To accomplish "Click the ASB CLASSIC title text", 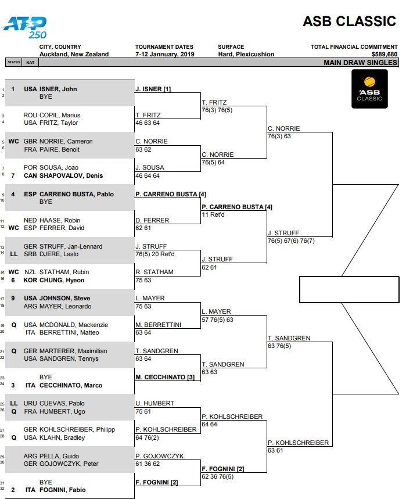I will (349, 21).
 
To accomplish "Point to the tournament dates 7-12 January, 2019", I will (164, 54).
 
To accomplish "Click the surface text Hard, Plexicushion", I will (246, 54).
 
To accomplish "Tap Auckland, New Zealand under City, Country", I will (74, 54).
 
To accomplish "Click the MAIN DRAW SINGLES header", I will (360, 62).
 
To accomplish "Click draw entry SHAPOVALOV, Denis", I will (63, 175).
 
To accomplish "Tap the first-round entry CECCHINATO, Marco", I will (66, 385).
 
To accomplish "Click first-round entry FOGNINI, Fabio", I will (62, 490).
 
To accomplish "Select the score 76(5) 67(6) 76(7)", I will (299, 241).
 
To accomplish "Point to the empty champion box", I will (349, 289).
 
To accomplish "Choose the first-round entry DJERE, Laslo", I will (59, 254).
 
